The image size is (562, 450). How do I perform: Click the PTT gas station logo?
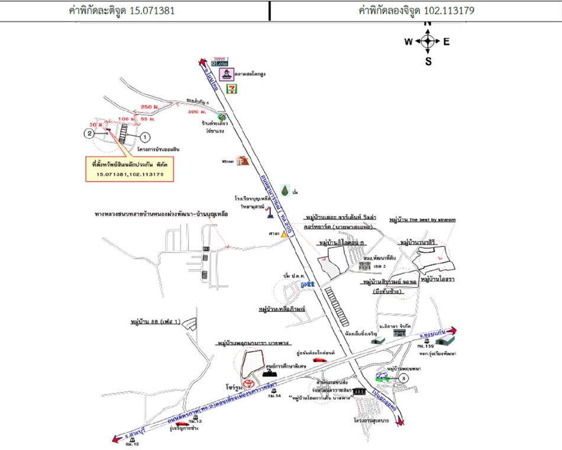pos(308,285)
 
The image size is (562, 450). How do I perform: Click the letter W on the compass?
pos(408,41)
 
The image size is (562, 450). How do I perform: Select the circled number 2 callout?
pos(89,134)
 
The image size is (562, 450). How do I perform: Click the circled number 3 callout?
pos(402,378)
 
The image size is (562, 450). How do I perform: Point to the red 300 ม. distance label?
pos(196,111)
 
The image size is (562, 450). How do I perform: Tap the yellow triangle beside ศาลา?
pos(285,234)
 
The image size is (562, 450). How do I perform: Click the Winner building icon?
pos(242,161)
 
